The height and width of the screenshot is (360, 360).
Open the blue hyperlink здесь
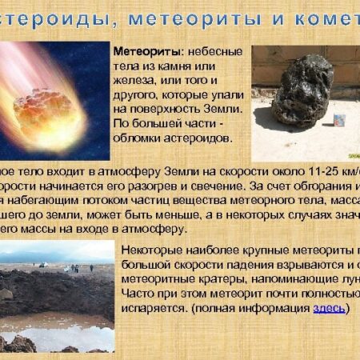pyautogui.click(x=329, y=307)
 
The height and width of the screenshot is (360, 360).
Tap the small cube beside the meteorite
pyautogui.click(x=339, y=121)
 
